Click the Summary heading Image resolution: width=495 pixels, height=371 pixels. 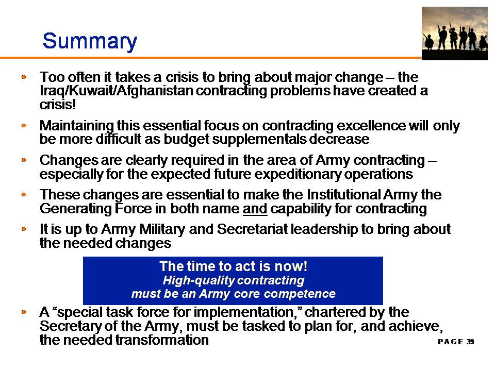90,41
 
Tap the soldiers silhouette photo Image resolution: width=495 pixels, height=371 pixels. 455,33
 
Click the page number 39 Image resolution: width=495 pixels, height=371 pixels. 470,342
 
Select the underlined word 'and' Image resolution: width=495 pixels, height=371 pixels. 255,209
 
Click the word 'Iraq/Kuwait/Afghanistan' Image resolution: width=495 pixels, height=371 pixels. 116,91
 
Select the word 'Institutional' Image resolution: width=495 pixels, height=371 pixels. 344,194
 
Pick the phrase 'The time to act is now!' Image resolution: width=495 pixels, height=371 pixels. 233,266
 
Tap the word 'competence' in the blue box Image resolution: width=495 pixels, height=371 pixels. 300,294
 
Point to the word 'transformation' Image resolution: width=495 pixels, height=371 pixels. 162,340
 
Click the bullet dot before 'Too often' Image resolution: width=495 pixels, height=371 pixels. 24,77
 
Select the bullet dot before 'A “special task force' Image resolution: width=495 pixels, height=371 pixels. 24,312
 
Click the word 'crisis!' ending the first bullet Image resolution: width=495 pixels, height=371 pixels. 58,105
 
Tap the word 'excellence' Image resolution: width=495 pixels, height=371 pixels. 371,126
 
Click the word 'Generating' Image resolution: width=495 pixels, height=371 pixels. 76,209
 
